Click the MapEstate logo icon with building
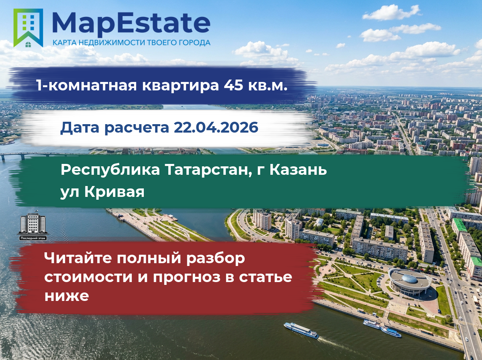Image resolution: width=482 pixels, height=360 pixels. point(28,28)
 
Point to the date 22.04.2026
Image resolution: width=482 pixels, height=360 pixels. point(216,127)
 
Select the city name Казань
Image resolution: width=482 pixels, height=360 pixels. point(298,170)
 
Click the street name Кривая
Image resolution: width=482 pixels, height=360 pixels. point(114,192)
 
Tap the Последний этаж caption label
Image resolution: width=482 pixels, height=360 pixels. point(33,238)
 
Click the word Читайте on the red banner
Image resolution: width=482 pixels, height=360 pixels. point(78,258)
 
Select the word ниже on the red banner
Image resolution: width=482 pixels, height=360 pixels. point(67,296)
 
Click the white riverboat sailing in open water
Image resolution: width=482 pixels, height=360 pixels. point(301,330)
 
